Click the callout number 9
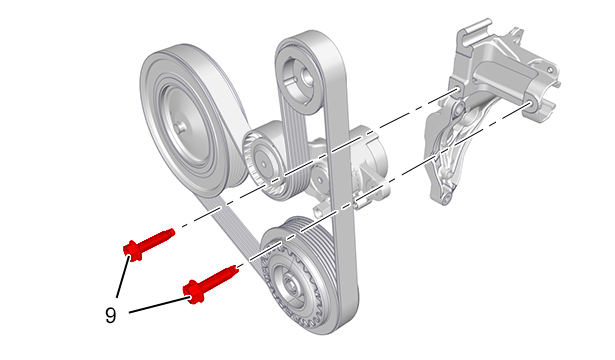[x=111, y=315]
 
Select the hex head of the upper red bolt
[x=132, y=250]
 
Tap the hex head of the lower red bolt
[x=193, y=292]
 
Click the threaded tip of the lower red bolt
[x=234, y=269]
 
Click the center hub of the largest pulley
[x=180, y=127]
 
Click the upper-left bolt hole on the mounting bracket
[x=456, y=91]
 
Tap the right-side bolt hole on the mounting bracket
[x=528, y=104]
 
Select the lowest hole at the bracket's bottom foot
[x=445, y=200]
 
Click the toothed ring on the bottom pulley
[x=291, y=285]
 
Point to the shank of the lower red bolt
[x=216, y=279]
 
